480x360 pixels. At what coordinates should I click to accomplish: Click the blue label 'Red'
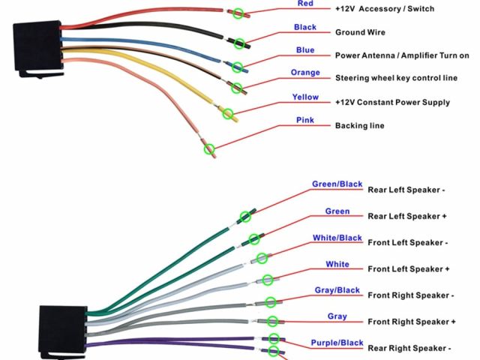click(x=304, y=4)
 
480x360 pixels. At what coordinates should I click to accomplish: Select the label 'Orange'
click(x=305, y=73)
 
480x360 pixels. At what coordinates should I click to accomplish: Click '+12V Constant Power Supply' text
click(x=392, y=102)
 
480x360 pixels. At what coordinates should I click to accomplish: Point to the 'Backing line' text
click(x=360, y=125)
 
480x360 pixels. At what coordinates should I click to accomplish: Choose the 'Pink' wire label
click(x=305, y=120)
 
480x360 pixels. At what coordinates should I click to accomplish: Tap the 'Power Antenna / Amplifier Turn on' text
click(x=402, y=55)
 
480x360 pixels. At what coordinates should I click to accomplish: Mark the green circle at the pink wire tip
click(x=210, y=149)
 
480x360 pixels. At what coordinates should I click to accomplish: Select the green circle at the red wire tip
click(x=238, y=13)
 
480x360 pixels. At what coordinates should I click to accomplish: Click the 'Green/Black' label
click(x=337, y=184)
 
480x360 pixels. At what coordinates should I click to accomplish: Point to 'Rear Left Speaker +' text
click(x=407, y=216)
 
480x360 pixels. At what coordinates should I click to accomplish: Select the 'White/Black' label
click(x=337, y=238)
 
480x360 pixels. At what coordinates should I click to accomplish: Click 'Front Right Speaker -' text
click(x=410, y=295)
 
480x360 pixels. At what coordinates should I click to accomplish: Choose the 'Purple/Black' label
click(x=337, y=343)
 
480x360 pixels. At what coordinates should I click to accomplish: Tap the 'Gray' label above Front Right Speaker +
click(x=337, y=316)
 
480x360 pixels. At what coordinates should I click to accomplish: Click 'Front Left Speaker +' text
click(x=409, y=268)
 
